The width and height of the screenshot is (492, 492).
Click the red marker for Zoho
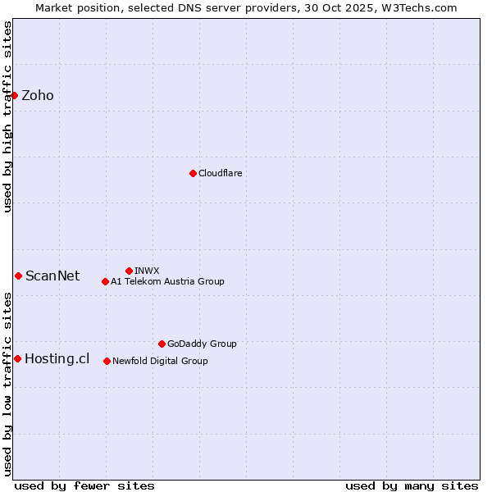click(14, 95)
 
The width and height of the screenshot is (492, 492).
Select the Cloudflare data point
click(193, 173)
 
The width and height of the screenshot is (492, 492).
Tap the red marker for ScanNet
click(18, 276)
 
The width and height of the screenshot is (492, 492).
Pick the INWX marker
click(129, 271)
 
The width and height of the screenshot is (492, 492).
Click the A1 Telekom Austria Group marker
click(105, 281)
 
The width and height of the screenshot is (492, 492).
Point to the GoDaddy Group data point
click(162, 344)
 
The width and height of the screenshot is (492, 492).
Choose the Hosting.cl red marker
click(17, 358)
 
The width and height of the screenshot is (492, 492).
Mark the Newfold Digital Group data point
click(107, 361)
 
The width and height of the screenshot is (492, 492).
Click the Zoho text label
click(38, 95)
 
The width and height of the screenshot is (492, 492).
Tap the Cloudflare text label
click(221, 173)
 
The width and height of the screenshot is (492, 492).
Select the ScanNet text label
click(52, 276)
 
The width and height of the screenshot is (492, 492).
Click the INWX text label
click(147, 271)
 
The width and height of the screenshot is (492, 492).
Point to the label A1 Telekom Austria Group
click(167, 281)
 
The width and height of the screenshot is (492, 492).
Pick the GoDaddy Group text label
click(202, 344)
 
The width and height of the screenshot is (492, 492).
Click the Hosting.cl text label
click(57, 358)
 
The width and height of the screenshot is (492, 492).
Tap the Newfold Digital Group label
click(160, 361)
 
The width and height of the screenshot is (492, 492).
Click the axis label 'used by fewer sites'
click(84, 485)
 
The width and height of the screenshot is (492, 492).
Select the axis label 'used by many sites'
click(412, 485)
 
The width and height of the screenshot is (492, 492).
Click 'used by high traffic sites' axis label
click(7, 116)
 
